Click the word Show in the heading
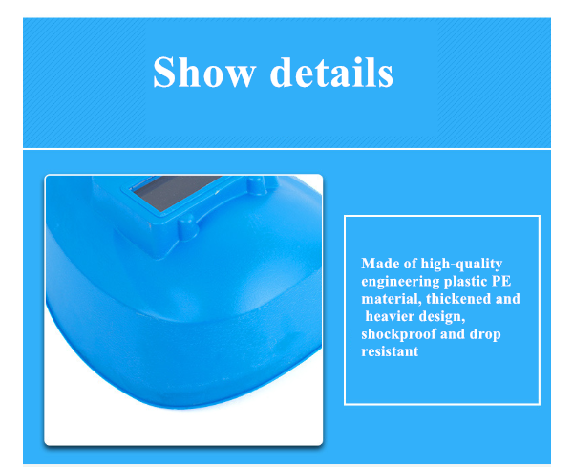click(x=204, y=72)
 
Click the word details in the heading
click(x=331, y=72)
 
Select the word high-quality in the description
click(x=461, y=265)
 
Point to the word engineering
click(x=400, y=282)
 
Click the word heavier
click(x=390, y=316)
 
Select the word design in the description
click(x=442, y=317)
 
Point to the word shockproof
click(x=398, y=334)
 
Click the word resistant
click(x=390, y=351)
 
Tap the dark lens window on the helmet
click(x=176, y=192)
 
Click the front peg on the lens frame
click(x=188, y=227)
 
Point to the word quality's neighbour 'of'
click(x=410, y=263)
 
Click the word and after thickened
click(x=508, y=299)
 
